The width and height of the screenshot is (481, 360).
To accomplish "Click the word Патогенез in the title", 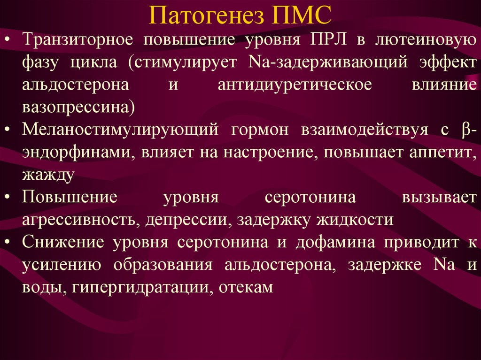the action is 206,15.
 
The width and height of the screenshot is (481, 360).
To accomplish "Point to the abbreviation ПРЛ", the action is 328,40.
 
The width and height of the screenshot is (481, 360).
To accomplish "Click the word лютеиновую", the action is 426,40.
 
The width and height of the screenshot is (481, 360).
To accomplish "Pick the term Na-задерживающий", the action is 327,62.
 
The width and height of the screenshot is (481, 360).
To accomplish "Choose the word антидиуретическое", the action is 295,85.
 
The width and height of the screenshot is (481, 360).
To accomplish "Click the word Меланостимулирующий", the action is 120,130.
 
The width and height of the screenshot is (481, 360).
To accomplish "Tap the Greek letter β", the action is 465,130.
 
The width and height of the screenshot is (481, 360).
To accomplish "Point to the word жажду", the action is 48,175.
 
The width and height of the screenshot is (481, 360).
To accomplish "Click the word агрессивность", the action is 79,220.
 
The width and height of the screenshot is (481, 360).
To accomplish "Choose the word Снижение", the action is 63,242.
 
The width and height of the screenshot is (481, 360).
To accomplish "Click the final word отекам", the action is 246,287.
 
